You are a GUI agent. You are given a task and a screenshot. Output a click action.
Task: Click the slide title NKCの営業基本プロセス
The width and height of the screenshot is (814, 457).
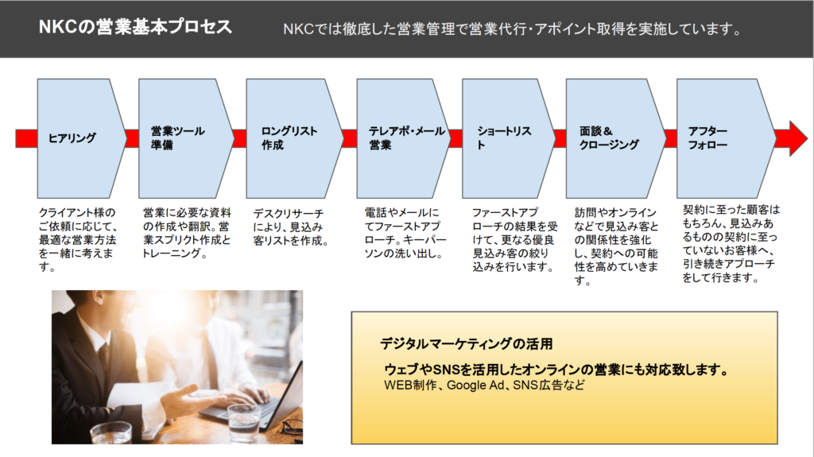point(135,27)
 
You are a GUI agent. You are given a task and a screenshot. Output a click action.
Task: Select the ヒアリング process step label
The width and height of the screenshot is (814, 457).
point(72,138)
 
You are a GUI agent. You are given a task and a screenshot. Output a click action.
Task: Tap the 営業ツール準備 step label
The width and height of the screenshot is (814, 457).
point(178,138)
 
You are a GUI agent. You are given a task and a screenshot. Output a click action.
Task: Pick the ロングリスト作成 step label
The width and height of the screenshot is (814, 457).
point(289,138)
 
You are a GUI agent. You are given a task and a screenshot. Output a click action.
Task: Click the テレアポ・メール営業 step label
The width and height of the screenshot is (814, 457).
point(407,138)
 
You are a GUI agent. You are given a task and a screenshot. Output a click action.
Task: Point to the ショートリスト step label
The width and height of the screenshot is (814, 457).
point(504,138)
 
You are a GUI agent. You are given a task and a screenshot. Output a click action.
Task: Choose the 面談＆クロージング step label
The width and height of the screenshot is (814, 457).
point(609,138)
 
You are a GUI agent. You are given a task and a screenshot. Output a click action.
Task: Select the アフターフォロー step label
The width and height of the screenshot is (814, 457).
point(707,138)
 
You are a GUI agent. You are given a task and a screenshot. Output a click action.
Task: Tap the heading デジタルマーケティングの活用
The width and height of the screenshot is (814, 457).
point(466,344)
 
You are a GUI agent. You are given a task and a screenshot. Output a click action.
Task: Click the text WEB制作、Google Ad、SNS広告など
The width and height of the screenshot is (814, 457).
point(484,385)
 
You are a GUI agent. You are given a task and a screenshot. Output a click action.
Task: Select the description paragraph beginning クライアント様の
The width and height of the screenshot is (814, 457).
point(77,240)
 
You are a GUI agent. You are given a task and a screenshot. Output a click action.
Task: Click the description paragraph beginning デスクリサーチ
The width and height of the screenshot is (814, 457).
point(290,227)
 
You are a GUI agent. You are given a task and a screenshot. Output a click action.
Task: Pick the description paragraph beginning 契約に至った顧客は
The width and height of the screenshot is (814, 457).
point(731,243)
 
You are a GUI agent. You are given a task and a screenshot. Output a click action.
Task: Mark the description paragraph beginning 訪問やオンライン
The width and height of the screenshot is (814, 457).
point(616,246)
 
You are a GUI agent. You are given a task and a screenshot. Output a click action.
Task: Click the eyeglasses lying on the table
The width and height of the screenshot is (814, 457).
point(292,428)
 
